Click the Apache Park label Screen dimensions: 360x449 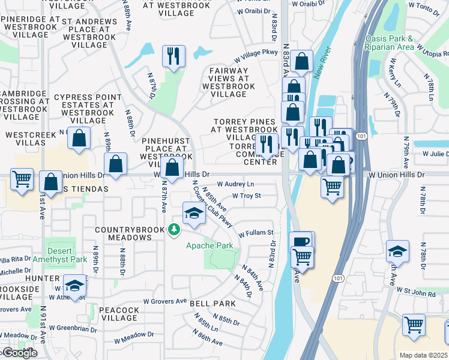[209, 246]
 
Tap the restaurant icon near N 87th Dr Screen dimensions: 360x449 [173, 56]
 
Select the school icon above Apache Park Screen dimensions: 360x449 [194, 214]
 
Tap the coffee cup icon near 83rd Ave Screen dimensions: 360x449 [301, 242]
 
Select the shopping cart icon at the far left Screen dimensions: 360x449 [22, 179]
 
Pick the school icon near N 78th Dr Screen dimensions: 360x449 [397, 252]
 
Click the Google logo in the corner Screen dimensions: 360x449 [19, 353]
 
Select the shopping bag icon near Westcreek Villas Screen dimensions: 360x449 [79, 138]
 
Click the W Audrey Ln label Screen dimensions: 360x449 [235, 184]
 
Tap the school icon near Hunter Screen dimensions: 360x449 [75, 286]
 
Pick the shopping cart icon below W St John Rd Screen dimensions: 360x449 [414, 325]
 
